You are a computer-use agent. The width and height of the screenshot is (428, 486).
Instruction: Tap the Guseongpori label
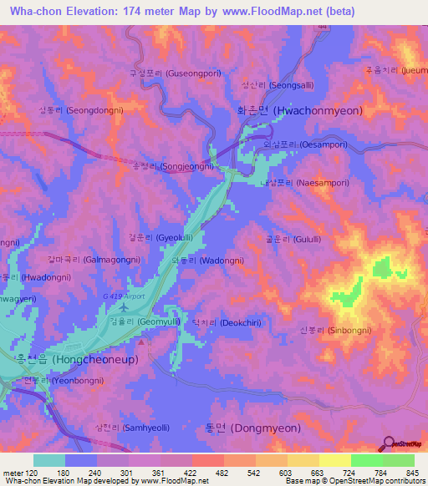click(174, 73)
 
